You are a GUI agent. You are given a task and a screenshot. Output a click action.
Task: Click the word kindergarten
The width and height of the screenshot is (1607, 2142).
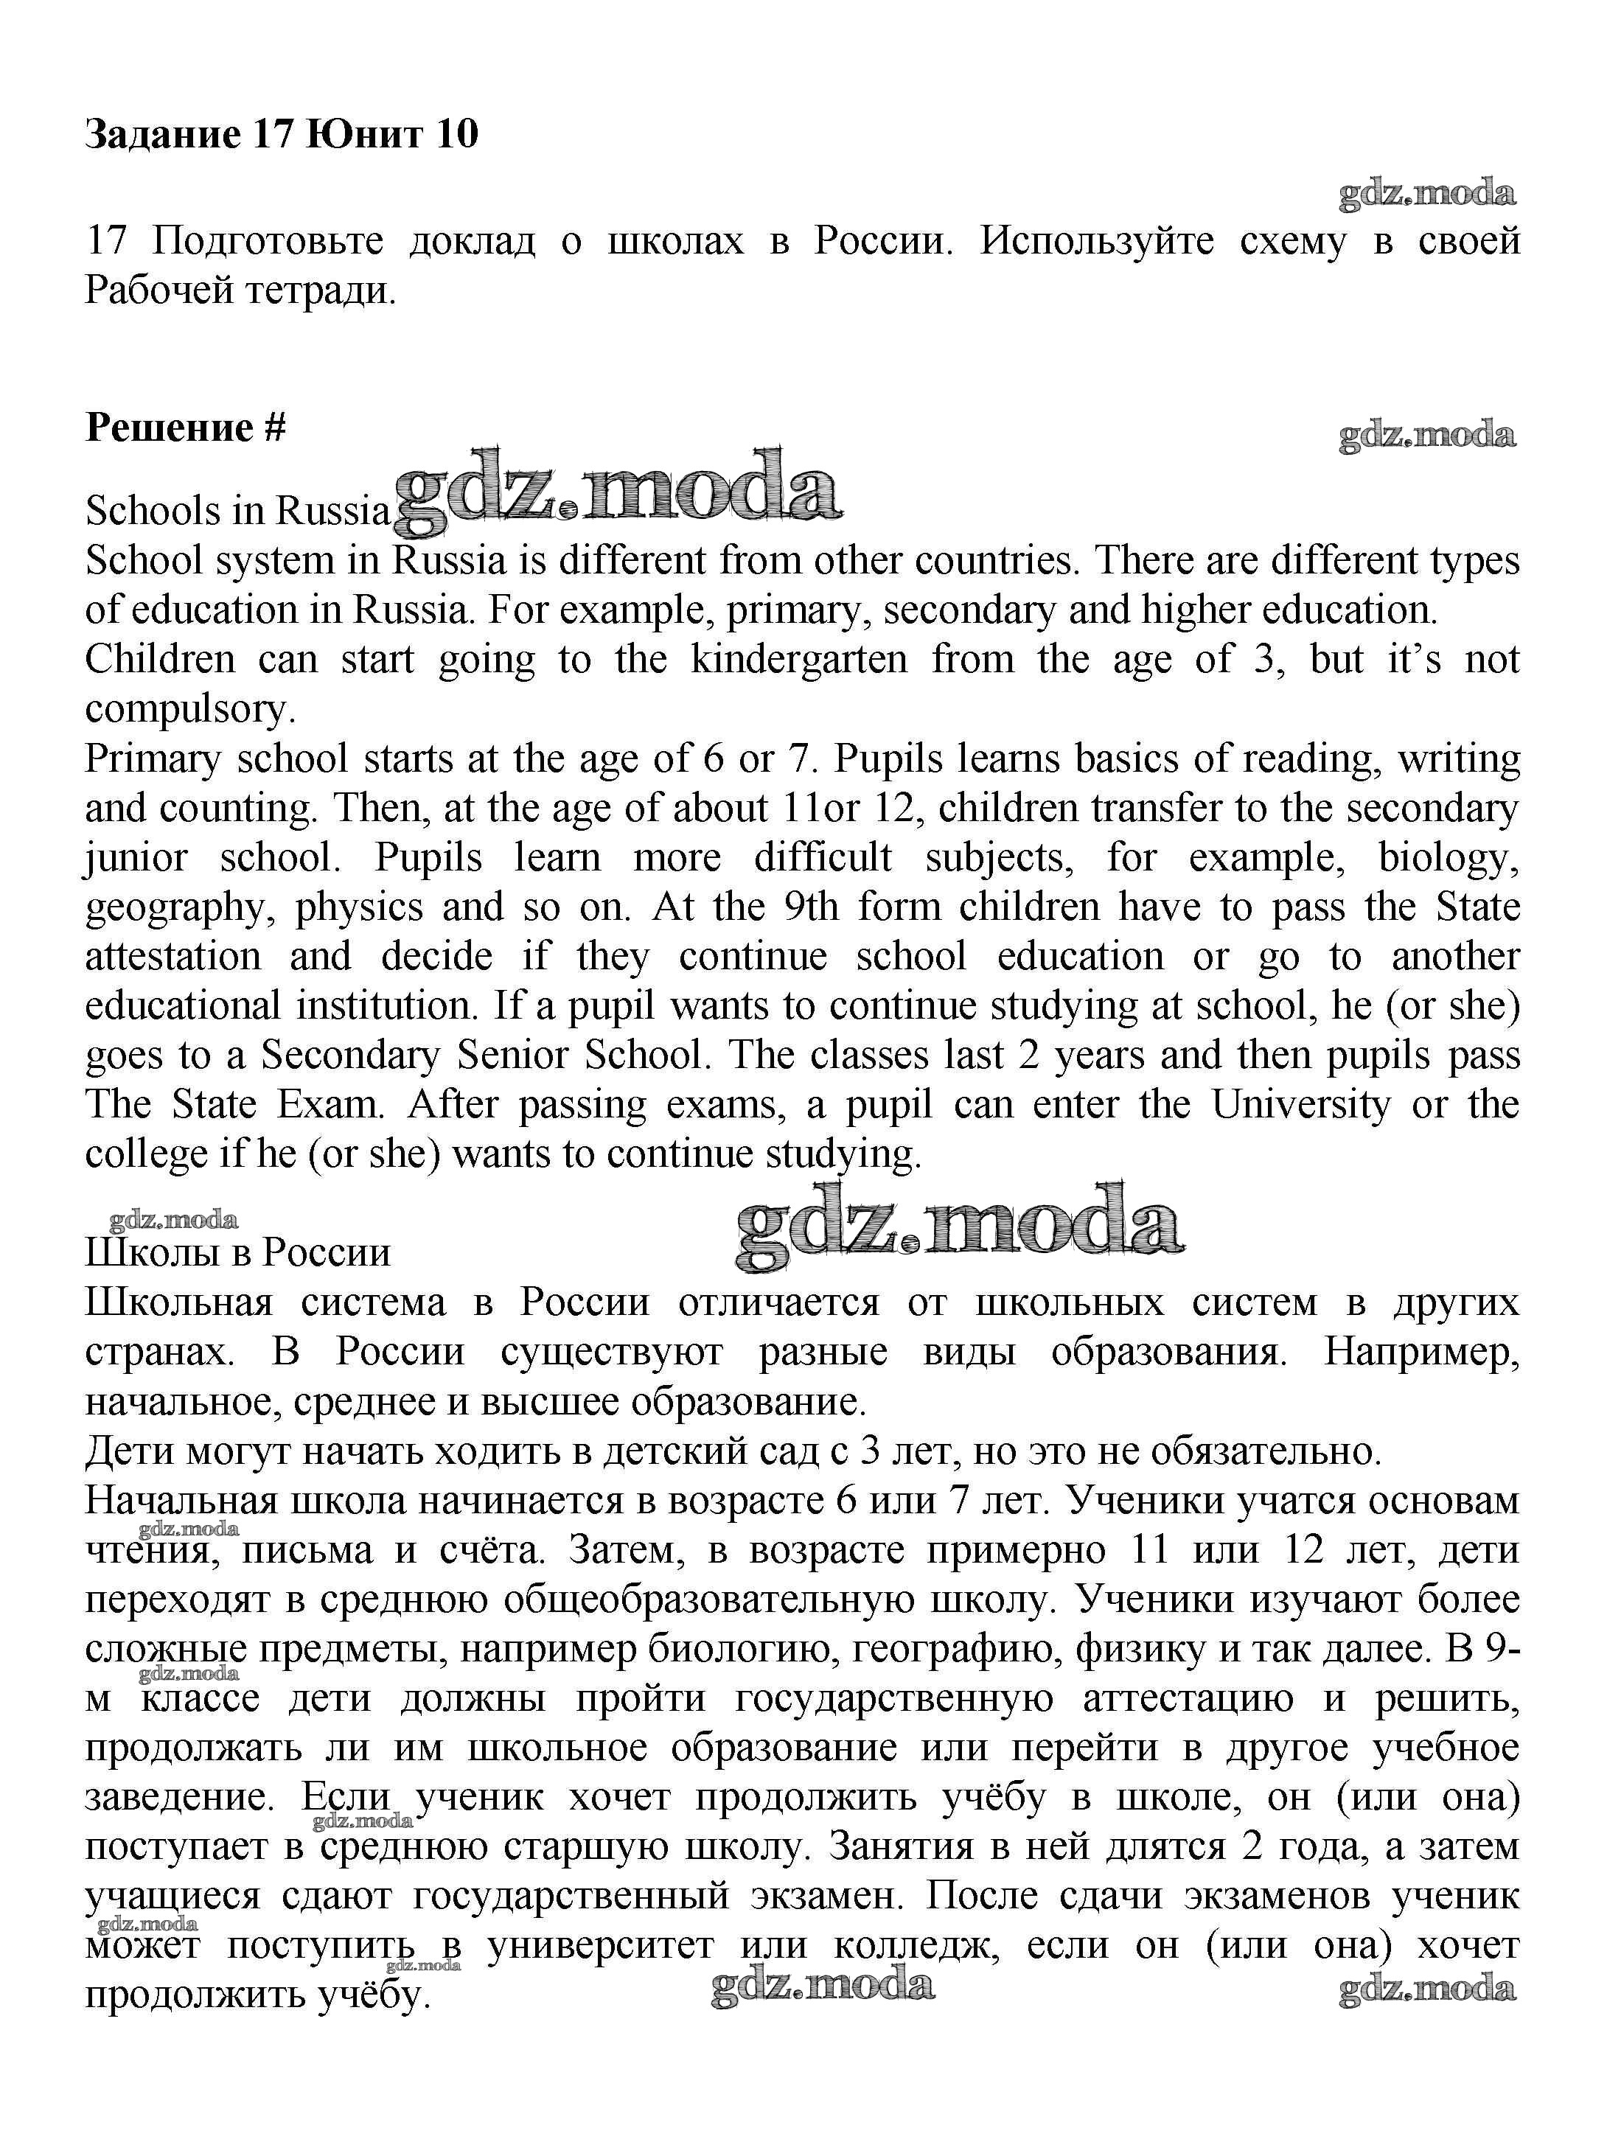pyautogui.click(x=799, y=660)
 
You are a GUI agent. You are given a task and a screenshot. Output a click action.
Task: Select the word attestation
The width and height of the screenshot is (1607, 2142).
pyautogui.click(x=173, y=957)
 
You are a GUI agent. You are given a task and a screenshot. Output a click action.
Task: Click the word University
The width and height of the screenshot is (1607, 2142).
pyautogui.click(x=1301, y=1105)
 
